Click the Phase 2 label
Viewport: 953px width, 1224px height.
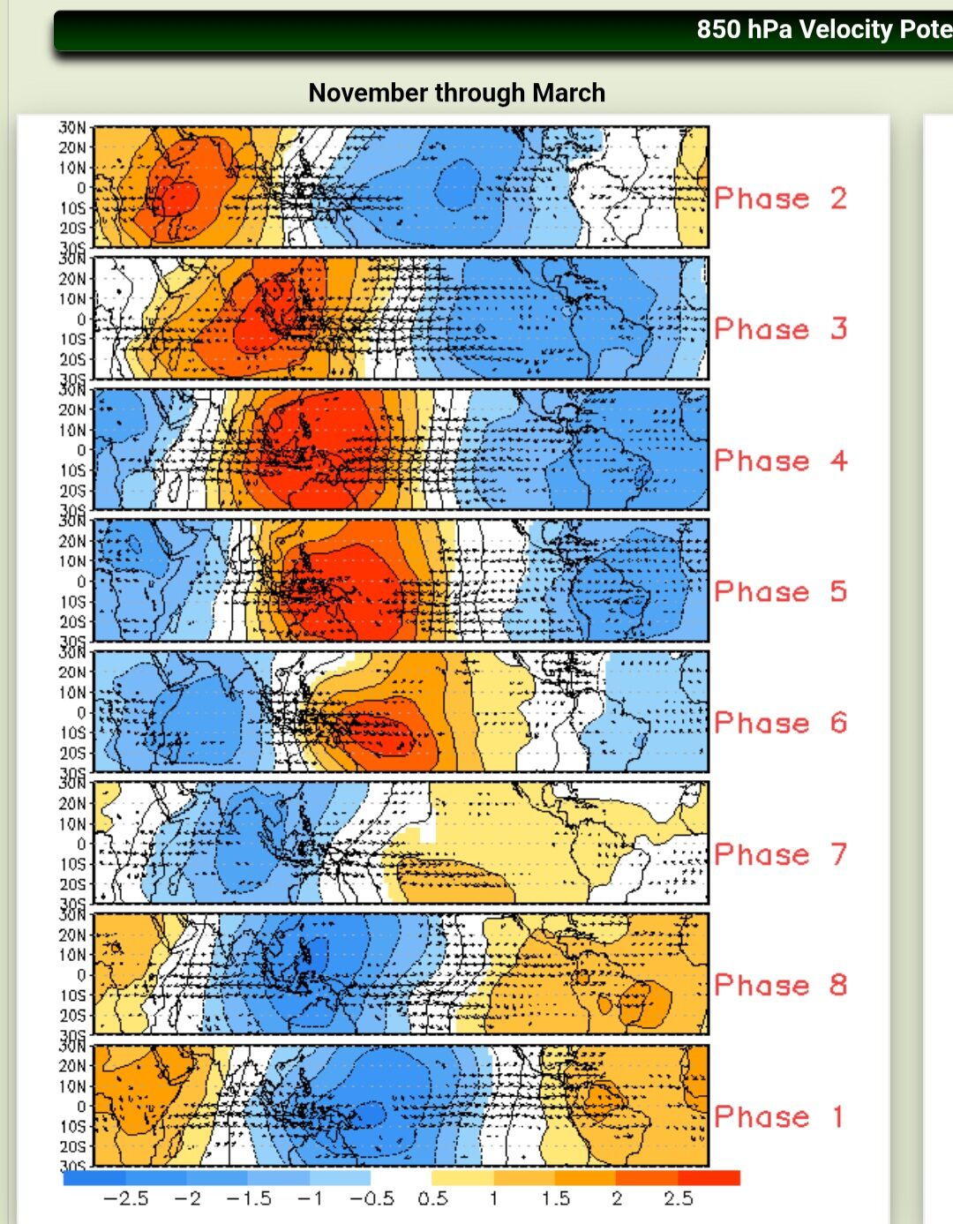780,198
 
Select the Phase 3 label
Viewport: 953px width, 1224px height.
780,329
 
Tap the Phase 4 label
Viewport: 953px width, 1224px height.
780,460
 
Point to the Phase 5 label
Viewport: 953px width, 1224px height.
780,591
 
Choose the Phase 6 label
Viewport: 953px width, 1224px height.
780,723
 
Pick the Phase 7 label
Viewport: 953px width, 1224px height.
780,854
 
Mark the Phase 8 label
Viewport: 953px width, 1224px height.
780,985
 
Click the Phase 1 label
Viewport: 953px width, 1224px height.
780,1116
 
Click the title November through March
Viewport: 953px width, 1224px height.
456,93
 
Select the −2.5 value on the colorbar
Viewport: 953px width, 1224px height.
125,1198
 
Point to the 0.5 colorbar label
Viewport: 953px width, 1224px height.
432,1198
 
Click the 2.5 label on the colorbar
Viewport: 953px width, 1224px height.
678,1198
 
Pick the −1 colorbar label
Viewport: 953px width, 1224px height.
310,1198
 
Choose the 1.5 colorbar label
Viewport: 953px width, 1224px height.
555,1198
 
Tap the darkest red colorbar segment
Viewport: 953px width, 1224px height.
709,1178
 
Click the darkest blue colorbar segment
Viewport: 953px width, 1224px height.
94,1178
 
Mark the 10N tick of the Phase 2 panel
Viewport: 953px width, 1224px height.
73,168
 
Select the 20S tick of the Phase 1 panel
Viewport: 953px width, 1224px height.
73,1146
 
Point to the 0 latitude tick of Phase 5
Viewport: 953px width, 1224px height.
81,582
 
